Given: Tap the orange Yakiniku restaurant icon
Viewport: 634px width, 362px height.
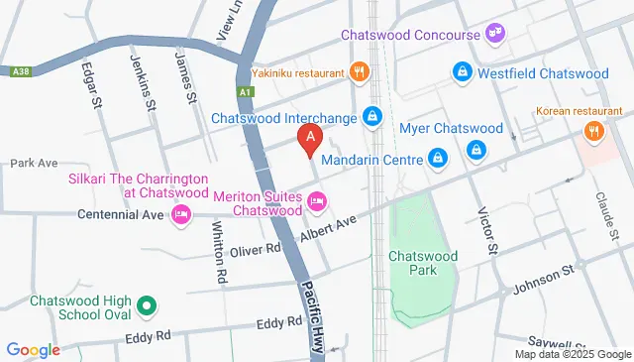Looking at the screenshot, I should tap(359, 70).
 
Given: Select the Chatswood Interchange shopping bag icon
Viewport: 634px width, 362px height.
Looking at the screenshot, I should tap(371, 117).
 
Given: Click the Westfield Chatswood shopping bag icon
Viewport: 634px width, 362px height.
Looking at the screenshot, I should tap(462, 72).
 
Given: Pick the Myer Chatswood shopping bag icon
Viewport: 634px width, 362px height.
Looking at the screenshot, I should tap(476, 149).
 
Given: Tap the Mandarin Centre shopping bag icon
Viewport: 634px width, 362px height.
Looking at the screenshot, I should tap(436, 157).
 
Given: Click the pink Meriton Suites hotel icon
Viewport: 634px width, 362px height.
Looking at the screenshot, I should tap(317, 202).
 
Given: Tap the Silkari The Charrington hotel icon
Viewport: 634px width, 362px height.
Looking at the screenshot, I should tap(181, 214).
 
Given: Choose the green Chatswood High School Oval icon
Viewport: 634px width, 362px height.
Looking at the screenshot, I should tap(146, 306).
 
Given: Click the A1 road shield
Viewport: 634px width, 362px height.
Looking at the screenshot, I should tap(245, 92).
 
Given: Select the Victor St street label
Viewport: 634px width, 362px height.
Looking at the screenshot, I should tap(487, 227).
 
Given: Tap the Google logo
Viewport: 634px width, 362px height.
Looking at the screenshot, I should tap(33, 349).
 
